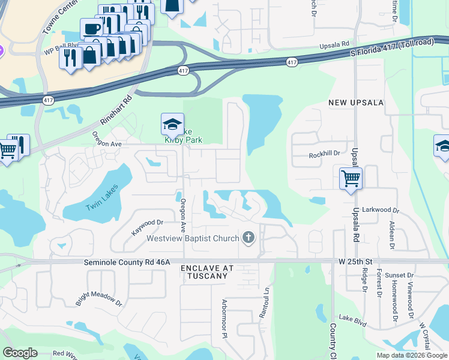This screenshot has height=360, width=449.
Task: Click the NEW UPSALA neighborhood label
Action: (356, 103)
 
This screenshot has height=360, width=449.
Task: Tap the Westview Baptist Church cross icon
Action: (249, 238)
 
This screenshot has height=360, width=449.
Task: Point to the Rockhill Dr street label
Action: (324, 154)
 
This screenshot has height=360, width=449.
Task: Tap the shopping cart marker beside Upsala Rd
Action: (351, 179)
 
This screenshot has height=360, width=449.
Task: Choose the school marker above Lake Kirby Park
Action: (172, 125)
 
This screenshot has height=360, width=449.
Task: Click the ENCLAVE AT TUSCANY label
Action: (205, 272)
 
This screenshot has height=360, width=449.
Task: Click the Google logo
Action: (20, 353)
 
